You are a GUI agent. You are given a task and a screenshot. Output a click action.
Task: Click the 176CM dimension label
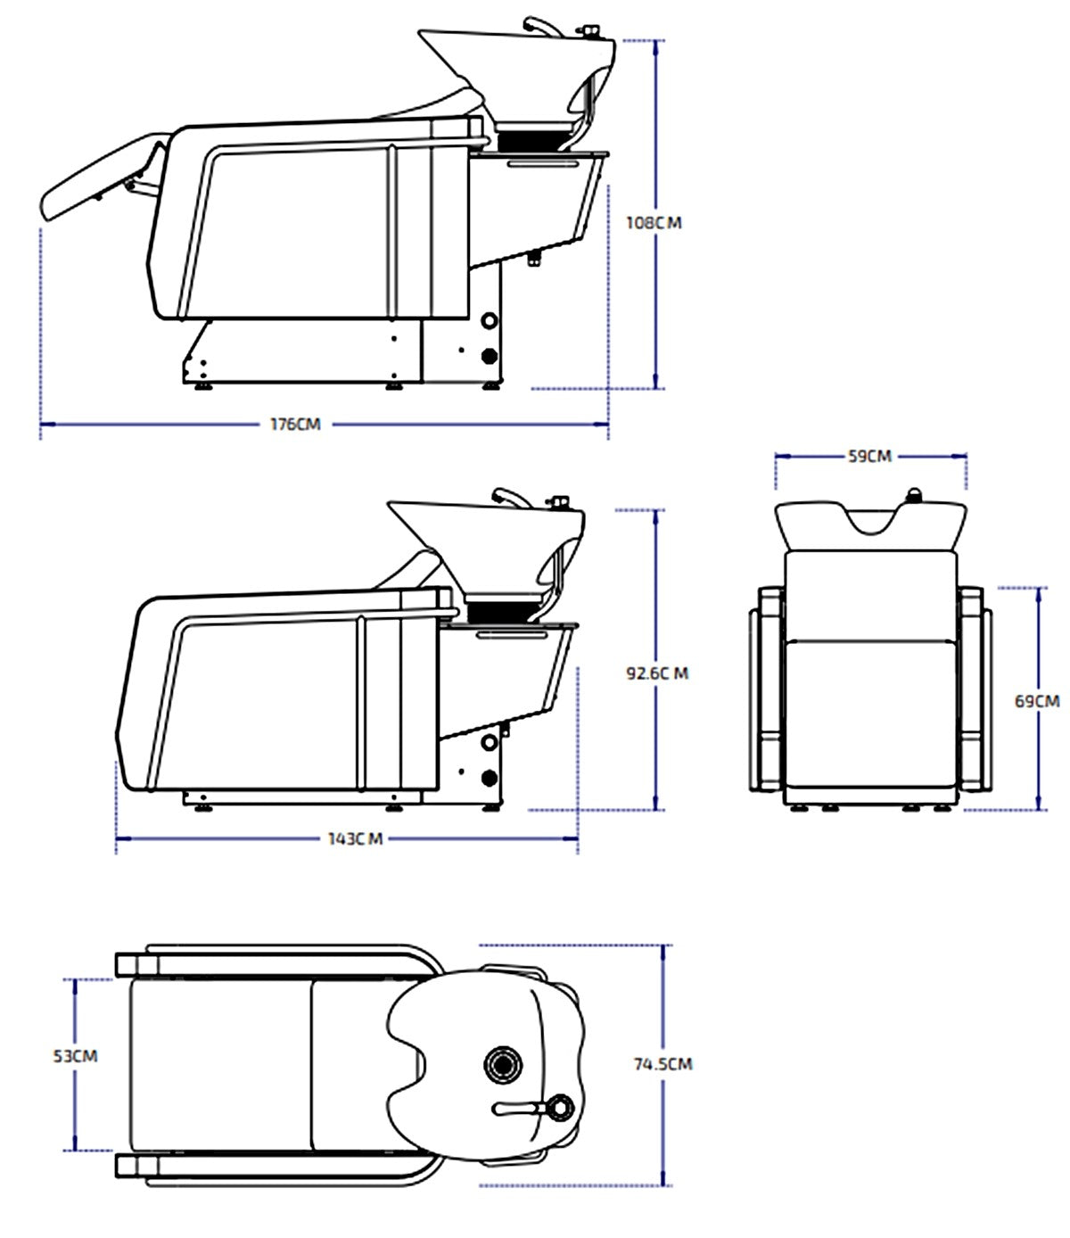[x=295, y=424]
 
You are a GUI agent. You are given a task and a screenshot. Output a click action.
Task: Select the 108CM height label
[x=654, y=223]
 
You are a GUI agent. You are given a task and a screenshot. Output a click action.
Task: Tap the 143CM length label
[x=355, y=838]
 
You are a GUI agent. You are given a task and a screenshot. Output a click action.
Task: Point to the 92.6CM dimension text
[x=657, y=673]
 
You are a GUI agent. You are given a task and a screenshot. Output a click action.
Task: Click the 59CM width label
[x=869, y=457]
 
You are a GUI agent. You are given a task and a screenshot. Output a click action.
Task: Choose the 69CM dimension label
[x=1037, y=701]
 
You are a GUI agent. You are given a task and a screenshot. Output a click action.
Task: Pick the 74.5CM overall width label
[x=663, y=1064]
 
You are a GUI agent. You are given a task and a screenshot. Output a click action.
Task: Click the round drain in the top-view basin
[x=502, y=1064]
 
